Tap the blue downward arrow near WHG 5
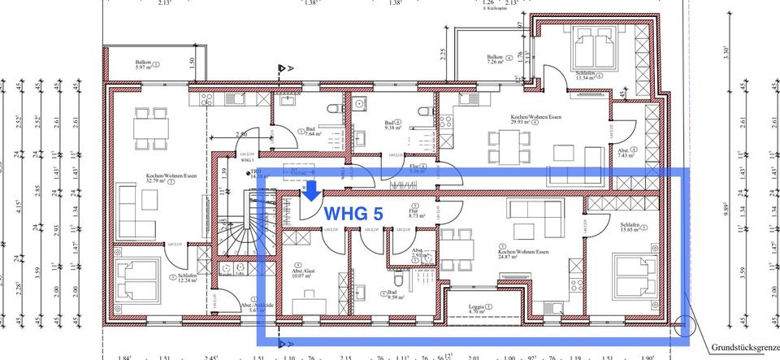(x=312, y=191)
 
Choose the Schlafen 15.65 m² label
(x=633, y=230)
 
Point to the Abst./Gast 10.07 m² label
(x=305, y=271)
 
